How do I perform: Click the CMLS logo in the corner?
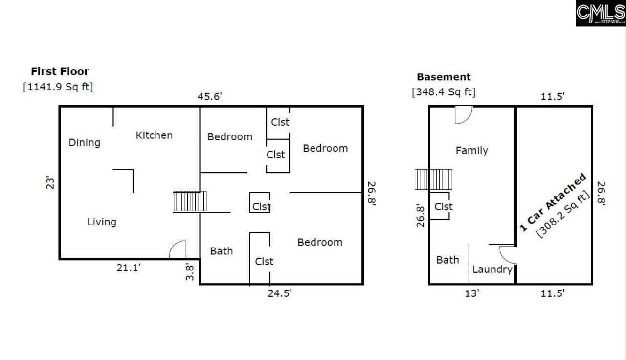pyautogui.click(x=601, y=13)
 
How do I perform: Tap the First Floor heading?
pyautogui.click(x=60, y=72)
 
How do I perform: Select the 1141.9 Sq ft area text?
pyautogui.click(x=58, y=87)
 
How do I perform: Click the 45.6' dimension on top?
pyautogui.click(x=210, y=96)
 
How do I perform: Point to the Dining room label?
pyautogui.click(x=84, y=143)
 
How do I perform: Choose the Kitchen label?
pyautogui.click(x=154, y=135)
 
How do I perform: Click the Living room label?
pyautogui.click(x=102, y=222)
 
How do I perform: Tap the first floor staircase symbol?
pyautogui.click(x=190, y=202)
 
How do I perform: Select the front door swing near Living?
pyautogui.click(x=178, y=249)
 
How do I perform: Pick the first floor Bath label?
pyautogui.click(x=222, y=251)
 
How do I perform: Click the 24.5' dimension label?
pyautogui.click(x=279, y=293)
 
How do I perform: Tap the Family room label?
pyautogui.click(x=471, y=151)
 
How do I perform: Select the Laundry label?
pyautogui.click(x=492, y=270)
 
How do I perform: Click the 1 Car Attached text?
pyautogui.click(x=553, y=202)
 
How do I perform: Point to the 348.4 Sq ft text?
pyautogui.click(x=444, y=91)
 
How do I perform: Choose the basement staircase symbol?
pyautogui.click(x=434, y=180)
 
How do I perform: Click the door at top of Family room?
pyautogui.click(x=463, y=115)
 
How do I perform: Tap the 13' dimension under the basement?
pyautogui.click(x=472, y=293)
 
